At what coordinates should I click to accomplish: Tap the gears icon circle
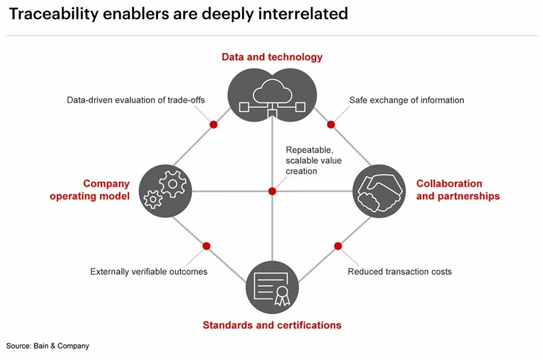click(165, 191)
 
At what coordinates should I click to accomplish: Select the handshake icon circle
click(378, 191)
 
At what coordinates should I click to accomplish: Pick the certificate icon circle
click(272, 287)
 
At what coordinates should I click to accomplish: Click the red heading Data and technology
click(272, 57)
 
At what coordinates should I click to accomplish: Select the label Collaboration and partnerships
click(458, 190)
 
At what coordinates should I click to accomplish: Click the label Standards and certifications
click(272, 326)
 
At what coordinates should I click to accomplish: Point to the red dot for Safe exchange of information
click(331, 124)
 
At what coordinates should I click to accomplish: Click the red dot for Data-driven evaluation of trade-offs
click(213, 124)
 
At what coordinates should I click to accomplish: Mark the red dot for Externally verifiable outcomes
click(206, 246)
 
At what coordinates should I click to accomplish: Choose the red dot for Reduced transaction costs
click(338, 246)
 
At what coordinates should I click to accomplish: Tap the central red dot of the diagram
click(272, 191)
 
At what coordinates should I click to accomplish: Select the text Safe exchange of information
click(407, 100)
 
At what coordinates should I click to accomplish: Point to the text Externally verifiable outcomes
click(148, 272)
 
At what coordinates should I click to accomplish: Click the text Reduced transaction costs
click(399, 272)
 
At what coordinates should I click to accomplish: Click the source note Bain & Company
click(48, 346)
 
